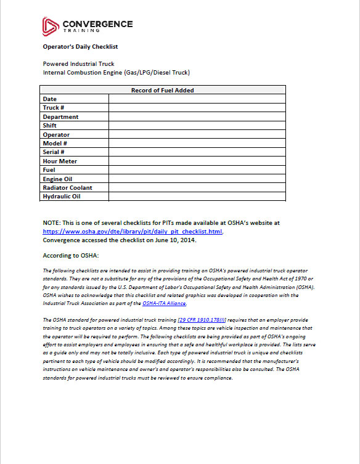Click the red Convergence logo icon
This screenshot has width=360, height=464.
51,25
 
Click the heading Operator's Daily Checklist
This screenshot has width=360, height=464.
80,46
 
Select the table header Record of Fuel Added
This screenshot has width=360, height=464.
163,90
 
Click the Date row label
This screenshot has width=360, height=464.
49,99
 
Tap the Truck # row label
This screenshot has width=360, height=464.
54,108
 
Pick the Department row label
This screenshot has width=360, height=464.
60,116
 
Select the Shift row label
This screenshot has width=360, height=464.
49,126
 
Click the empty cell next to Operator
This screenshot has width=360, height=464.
197,134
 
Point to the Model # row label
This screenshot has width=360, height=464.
54,143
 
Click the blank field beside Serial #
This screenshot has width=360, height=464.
197,152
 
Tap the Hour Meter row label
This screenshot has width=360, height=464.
60,161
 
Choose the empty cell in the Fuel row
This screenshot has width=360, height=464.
197,169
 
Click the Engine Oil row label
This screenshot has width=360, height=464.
57,179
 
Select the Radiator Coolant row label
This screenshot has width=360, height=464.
67,187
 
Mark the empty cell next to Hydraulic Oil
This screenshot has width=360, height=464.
197,197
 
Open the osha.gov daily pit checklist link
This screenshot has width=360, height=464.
132,232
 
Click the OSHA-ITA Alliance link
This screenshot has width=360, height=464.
164,303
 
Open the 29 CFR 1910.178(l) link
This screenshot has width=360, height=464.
202,320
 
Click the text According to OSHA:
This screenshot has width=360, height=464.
71,255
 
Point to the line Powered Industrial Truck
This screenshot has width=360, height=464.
78,64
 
